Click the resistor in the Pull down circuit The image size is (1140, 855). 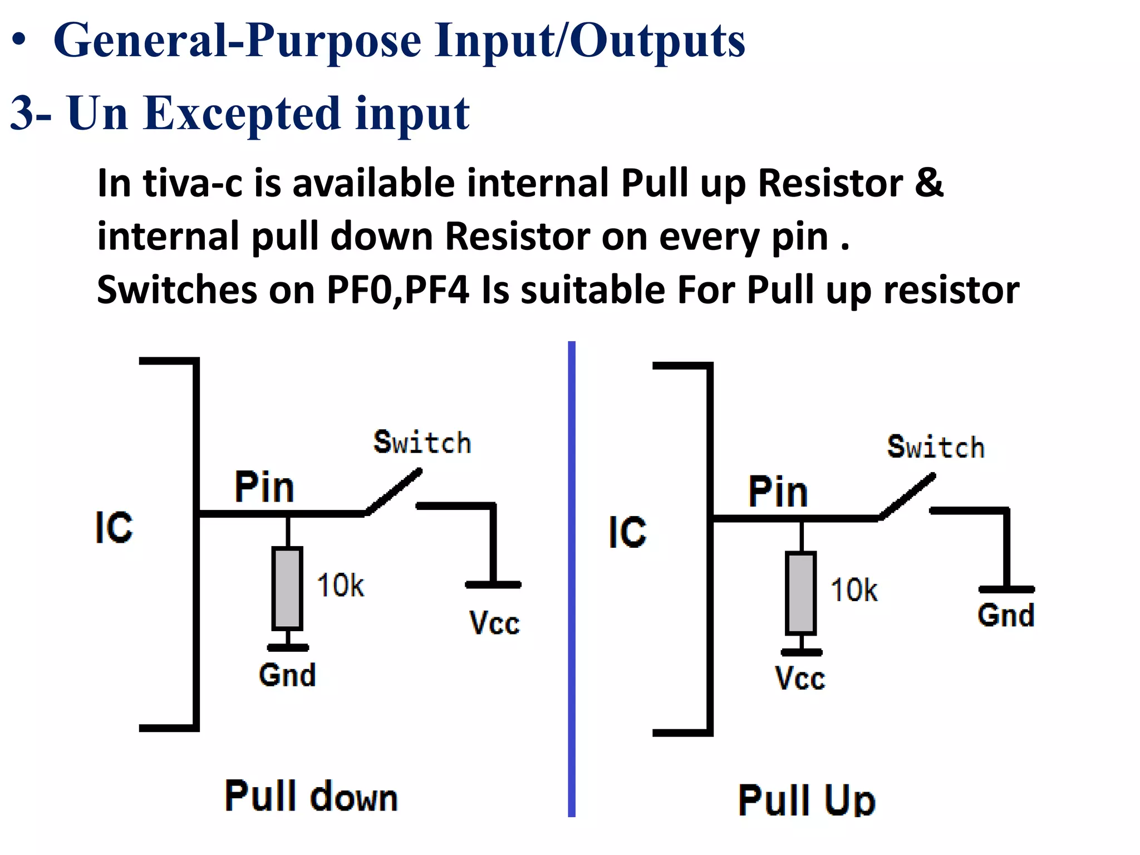pos(287,588)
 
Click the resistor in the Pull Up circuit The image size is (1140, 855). pos(801,593)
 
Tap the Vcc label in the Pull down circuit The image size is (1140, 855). pos(494,623)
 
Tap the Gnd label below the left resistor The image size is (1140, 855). pos(287,675)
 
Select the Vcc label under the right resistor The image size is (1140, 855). pos(800,679)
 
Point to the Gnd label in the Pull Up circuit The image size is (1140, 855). pos(1006,616)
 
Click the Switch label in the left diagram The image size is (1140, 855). pos(422,443)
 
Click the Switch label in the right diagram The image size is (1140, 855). pos(936,448)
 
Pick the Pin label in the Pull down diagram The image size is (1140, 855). pos(264,487)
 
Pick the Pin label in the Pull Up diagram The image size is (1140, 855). pos(778,492)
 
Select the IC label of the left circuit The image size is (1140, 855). pos(114,527)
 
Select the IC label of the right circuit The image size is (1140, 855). pos(627,532)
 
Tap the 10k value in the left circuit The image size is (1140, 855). pos(340,586)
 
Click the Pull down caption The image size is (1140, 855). pos(311,797)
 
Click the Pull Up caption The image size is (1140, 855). pos(807,800)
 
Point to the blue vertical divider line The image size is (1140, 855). pos(572,579)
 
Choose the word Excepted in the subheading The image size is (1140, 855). pos(242,114)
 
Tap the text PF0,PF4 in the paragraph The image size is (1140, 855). pos(397,290)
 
